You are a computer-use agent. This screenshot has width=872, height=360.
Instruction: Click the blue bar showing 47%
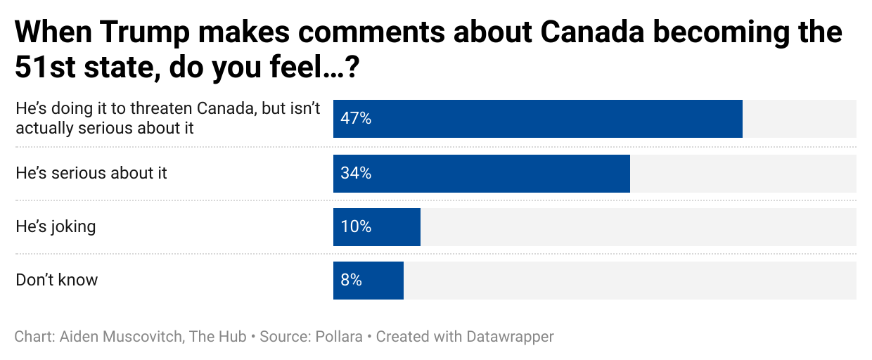tap(538, 119)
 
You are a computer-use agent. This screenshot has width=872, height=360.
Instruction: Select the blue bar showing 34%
tap(482, 173)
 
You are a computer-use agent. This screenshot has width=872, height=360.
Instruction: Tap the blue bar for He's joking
tap(377, 226)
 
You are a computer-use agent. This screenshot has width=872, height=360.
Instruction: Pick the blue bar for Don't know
tap(368, 281)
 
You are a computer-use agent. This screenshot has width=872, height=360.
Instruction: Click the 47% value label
tap(356, 119)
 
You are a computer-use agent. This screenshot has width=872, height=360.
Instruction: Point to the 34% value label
tap(356, 173)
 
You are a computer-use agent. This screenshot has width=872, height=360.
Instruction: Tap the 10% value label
tap(356, 226)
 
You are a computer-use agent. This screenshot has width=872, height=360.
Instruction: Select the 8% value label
tap(352, 281)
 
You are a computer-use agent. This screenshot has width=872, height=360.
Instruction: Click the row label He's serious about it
tap(91, 173)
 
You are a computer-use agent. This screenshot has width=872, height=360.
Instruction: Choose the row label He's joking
tap(56, 226)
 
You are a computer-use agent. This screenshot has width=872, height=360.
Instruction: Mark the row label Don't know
tap(57, 280)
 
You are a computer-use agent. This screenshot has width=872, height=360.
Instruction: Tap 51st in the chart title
tap(48, 69)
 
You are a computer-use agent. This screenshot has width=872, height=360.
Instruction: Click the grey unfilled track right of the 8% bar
tap(629, 281)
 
